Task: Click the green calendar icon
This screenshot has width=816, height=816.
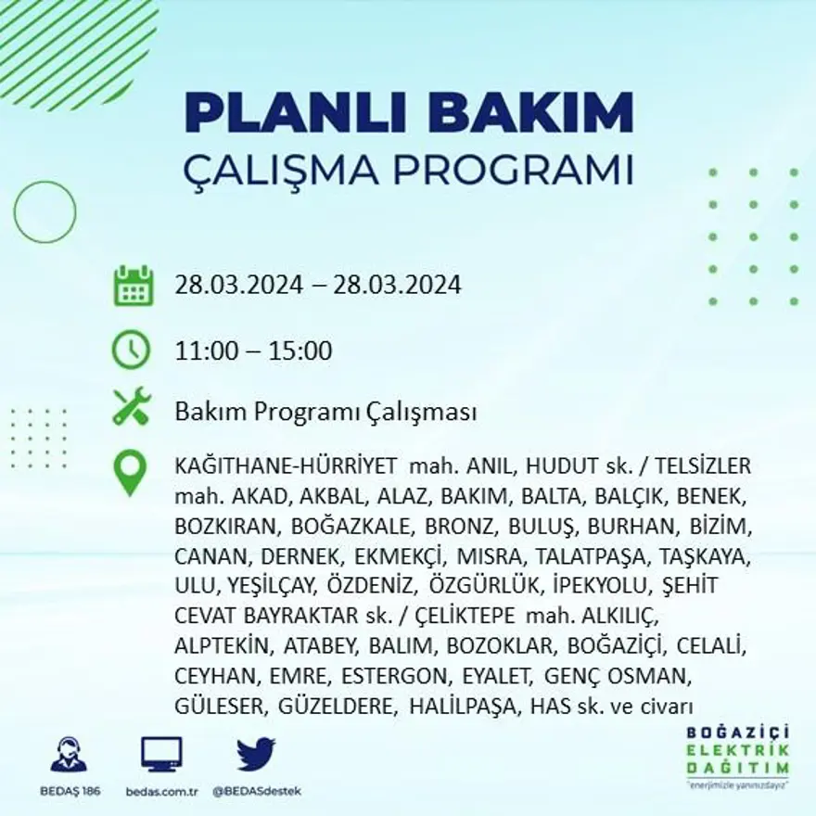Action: pos(133,286)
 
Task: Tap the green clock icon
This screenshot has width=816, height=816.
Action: pos(131,351)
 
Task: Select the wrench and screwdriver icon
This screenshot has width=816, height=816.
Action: pos(132,407)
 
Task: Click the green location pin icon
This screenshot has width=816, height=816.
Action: pos(130,472)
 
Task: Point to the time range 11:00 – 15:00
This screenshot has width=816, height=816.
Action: pos(253,351)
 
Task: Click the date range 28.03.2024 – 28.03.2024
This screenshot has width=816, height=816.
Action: pos(317,285)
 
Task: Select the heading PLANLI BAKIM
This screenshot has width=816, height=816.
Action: pos(409,113)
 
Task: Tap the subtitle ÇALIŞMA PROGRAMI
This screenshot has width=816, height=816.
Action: pos(409,170)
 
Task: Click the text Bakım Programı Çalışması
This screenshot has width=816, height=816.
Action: pos(325,411)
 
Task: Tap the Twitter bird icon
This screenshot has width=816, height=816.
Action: pos(255,754)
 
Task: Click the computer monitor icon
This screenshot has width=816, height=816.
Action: pos(161,754)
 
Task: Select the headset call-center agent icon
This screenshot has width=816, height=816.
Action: pos(69,754)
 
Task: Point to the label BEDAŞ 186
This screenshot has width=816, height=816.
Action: pos(70,791)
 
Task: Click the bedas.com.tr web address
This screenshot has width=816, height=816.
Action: pos(162,791)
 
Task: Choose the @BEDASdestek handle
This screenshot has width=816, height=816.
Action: pos(256,791)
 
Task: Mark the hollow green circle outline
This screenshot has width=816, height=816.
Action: pos(45,212)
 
